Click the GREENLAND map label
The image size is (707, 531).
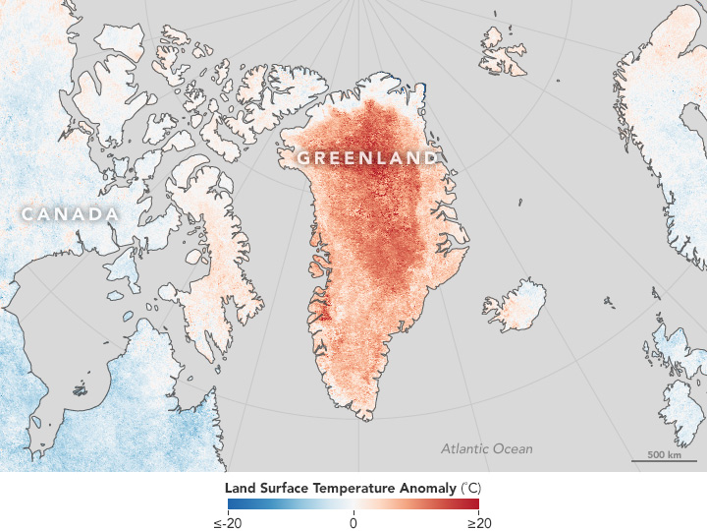click(x=367, y=157)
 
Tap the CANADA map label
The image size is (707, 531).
click(x=70, y=214)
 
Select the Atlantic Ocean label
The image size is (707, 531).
click(x=486, y=448)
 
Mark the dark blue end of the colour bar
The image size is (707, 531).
click(x=232, y=504)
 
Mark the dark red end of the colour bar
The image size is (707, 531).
click(x=475, y=504)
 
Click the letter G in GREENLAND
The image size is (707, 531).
click(x=303, y=157)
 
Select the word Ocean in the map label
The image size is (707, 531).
click(x=512, y=448)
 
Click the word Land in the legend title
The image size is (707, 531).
click(x=240, y=487)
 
